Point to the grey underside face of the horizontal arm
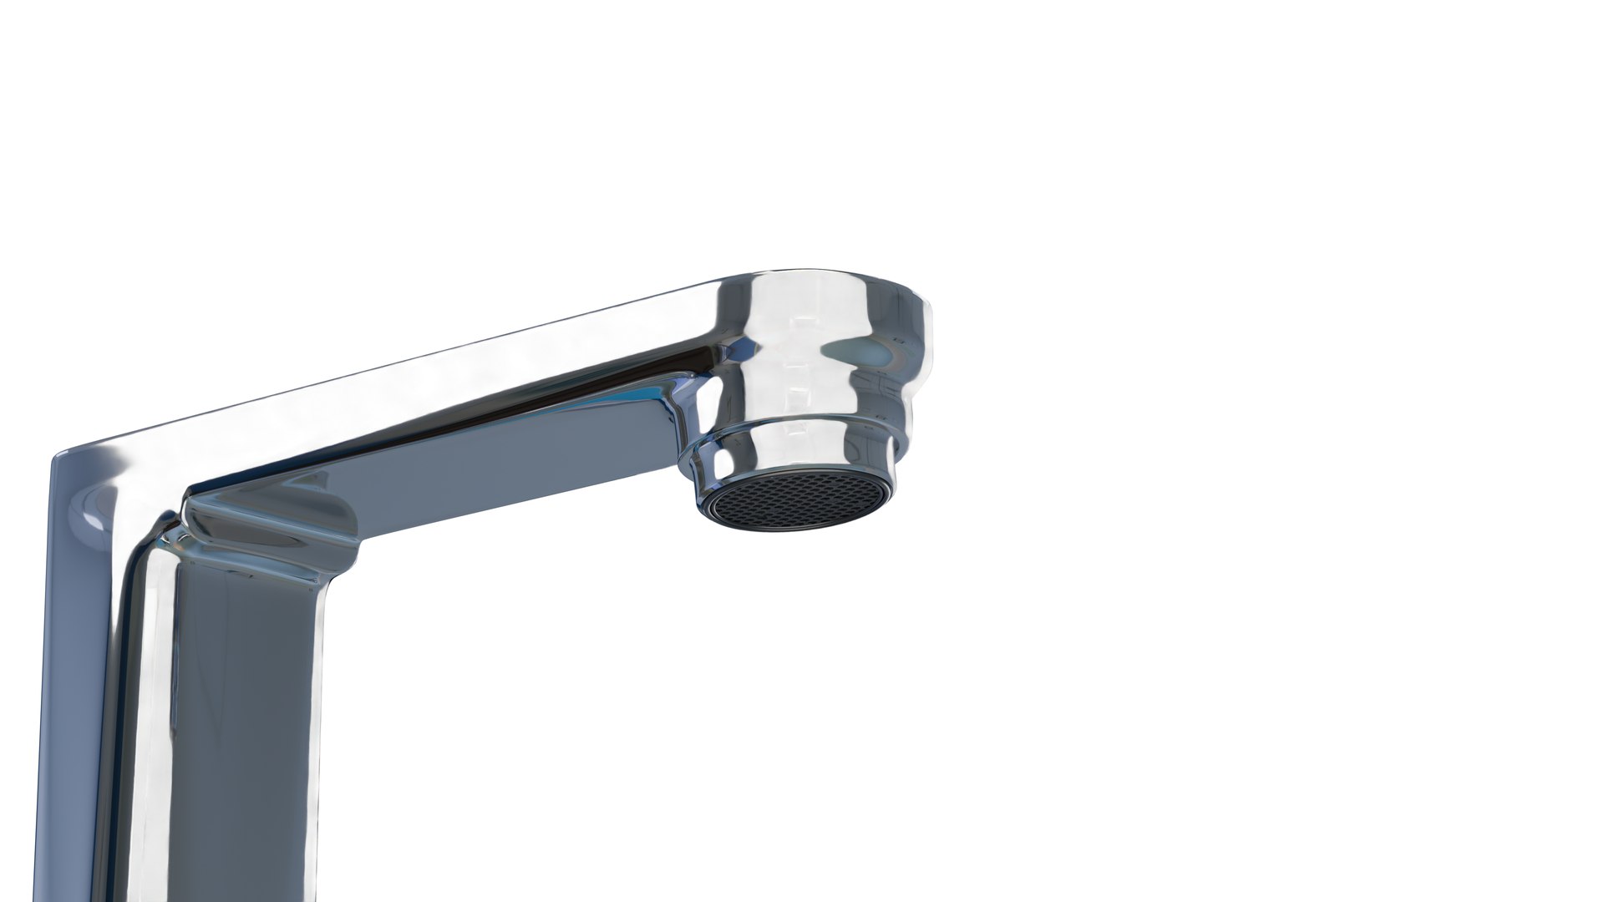501,468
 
